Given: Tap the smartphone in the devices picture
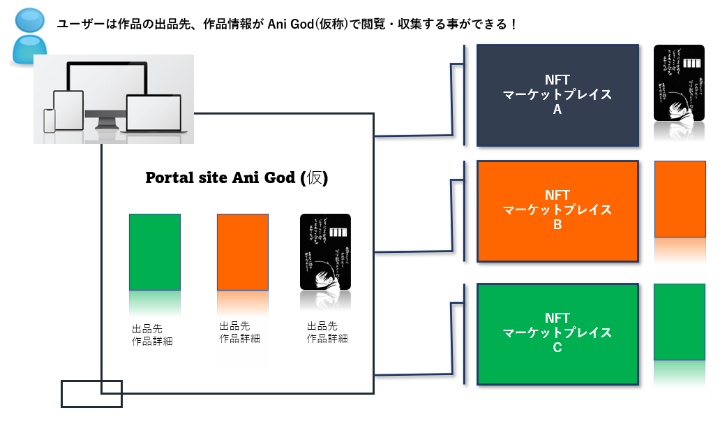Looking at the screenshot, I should (x=49, y=120).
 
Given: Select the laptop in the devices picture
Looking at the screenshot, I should (x=153, y=113).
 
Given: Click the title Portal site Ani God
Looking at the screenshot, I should (x=237, y=177).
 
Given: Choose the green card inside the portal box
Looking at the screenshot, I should (x=155, y=251).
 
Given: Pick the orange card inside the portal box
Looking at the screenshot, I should (x=243, y=251).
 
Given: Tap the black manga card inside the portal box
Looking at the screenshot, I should (x=325, y=251).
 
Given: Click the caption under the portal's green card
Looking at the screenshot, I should (x=152, y=335).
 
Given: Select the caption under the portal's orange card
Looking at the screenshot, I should (x=240, y=332).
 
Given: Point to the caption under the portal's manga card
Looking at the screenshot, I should (x=327, y=332).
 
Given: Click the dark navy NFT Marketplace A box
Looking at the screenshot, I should (x=557, y=95).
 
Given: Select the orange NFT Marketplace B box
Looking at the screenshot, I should (x=557, y=211).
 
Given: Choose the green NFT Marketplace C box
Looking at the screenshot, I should (x=557, y=333).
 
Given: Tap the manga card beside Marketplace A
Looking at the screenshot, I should (x=679, y=82).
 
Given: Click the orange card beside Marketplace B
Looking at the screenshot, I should (x=680, y=199).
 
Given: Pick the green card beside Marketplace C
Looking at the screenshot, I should (x=679, y=321).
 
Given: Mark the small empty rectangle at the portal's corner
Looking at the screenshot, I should (x=91, y=393).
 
